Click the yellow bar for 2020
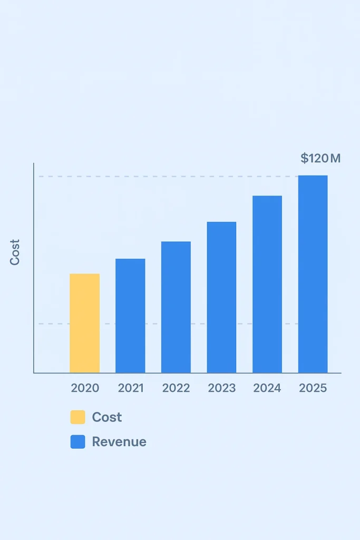[x=84, y=323]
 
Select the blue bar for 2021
[x=130, y=315]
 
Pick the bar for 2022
[x=176, y=307]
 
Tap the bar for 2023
[x=221, y=297]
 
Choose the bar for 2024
[x=267, y=284]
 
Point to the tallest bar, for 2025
[x=313, y=274]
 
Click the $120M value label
[x=320, y=158]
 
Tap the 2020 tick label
[x=85, y=389]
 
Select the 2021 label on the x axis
[x=131, y=389]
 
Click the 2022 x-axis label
[x=176, y=389]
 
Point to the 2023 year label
[x=222, y=389]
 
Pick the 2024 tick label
[x=267, y=389]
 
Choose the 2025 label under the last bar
[x=313, y=389]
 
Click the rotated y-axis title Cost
[x=15, y=252]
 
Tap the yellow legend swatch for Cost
[x=77, y=418]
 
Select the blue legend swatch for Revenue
[x=77, y=442]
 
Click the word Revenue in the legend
[x=119, y=442]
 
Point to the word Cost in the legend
[x=107, y=417]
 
